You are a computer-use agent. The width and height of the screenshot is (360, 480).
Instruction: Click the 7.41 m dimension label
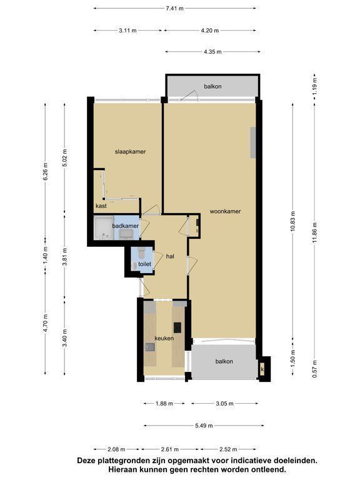point(174,9)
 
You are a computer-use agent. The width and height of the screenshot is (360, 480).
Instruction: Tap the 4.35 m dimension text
point(212,52)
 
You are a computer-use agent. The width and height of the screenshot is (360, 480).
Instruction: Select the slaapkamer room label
point(131,151)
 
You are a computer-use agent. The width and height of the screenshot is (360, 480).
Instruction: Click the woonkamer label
point(225,211)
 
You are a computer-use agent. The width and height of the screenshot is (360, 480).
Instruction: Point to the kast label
point(101,206)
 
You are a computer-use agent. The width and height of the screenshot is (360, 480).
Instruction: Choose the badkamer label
point(125,226)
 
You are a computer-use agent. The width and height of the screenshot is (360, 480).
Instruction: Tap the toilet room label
point(144,264)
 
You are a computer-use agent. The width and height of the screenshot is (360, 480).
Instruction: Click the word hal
point(170,256)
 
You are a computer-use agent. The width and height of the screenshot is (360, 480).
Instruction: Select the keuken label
point(164,338)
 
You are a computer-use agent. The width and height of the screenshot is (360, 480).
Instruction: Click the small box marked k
point(262,369)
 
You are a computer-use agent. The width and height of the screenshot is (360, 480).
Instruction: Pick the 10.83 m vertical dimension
point(293,221)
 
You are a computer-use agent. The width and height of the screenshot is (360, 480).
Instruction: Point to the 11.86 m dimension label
point(315,232)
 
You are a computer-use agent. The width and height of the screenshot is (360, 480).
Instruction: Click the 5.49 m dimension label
point(204,426)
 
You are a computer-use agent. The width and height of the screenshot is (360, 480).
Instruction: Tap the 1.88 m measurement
point(164,404)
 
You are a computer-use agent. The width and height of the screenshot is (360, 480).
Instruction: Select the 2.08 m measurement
point(116,449)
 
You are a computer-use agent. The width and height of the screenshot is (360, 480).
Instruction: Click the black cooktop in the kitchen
point(177,327)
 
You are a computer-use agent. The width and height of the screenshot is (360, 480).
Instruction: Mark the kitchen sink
point(150,347)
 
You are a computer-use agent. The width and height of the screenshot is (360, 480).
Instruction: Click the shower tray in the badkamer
point(104,228)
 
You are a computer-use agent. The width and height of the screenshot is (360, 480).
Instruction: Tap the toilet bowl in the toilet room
point(141,253)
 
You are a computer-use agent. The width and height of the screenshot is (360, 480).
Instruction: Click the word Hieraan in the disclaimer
point(122,469)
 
